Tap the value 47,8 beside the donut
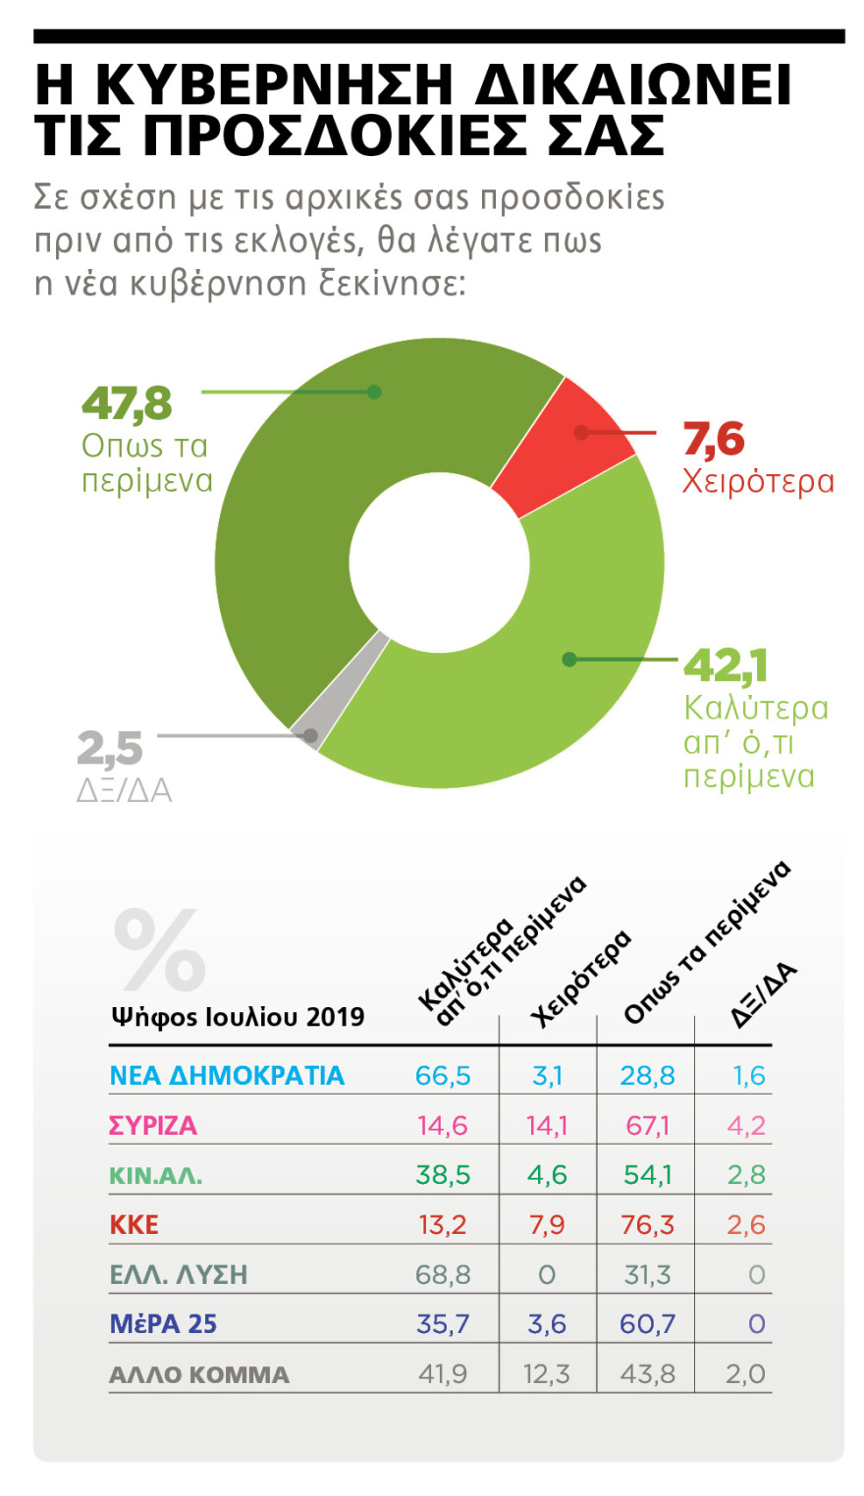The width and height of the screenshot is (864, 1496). (127, 403)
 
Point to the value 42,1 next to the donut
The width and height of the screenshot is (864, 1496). (725, 666)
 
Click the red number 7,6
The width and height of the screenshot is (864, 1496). (714, 440)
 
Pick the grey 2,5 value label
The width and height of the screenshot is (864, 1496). (110, 750)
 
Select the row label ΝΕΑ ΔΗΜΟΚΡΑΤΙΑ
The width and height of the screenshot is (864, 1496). (227, 1076)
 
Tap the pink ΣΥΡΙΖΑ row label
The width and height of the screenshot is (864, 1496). (153, 1126)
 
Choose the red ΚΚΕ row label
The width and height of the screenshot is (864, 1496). (134, 1225)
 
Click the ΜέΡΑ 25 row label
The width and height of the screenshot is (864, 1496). (163, 1324)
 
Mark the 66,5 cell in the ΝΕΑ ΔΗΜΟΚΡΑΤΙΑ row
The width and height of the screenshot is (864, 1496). (443, 1076)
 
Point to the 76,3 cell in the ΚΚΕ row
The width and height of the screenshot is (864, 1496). (647, 1225)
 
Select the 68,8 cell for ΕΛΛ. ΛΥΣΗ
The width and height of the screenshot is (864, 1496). (443, 1275)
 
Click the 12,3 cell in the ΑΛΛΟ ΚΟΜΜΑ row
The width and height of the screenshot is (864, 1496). (547, 1374)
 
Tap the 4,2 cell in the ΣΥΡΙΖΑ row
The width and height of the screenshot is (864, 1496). (746, 1126)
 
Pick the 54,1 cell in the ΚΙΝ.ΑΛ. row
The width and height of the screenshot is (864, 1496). (647, 1175)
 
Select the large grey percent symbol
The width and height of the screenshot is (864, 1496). (159, 950)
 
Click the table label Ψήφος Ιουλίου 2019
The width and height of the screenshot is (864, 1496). (237, 1017)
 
